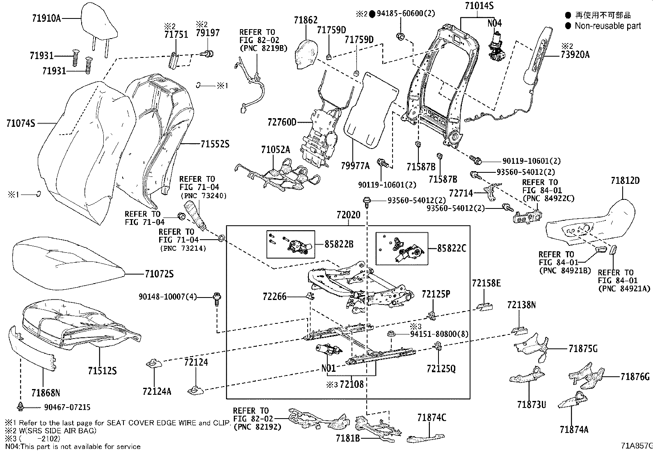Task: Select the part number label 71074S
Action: coord(21,122)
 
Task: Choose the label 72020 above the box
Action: coord(348,215)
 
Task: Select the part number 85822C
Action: coord(451,248)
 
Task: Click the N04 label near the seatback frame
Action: coord(494,23)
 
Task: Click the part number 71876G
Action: coord(635,376)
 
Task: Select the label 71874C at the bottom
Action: coord(432,418)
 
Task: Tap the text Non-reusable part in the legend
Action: coord(607,26)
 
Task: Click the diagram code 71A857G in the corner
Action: coord(636,445)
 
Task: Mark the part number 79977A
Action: coord(355,165)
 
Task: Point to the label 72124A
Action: coord(157,391)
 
